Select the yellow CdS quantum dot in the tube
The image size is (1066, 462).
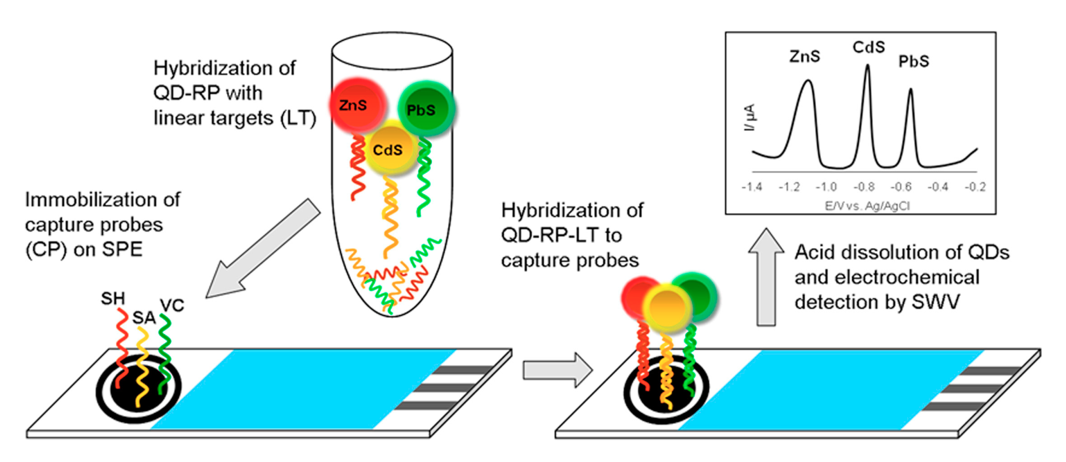point(389,149)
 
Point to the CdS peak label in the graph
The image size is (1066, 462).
point(868,47)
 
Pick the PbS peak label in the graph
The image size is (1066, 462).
point(913,62)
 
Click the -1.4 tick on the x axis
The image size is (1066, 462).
point(752,187)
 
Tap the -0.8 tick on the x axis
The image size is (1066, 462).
point(864,187)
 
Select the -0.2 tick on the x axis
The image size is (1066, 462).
point(975,187)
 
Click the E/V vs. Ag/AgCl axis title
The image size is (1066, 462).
point(867,205)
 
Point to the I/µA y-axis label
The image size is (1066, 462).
point(749,117)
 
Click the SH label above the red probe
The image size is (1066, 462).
point(113,298)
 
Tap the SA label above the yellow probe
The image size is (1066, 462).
point(143,318)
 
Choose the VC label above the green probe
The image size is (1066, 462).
point(172,305)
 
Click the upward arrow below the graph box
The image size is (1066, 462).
point(766,277)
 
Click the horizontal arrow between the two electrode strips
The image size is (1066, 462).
point(557,369)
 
